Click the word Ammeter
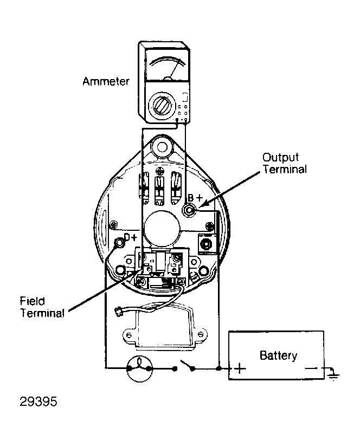(106, 81)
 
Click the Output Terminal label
(285, 163)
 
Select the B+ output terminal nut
(188, 210)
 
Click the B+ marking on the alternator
(195, 198)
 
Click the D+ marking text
(131, 237)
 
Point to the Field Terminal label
(42, 307)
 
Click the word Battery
(279, 355)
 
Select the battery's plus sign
(240, 368)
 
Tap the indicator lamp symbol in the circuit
(139, 368)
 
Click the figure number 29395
(38, 401)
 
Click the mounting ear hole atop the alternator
(162, 147)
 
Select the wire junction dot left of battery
(219, 368)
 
